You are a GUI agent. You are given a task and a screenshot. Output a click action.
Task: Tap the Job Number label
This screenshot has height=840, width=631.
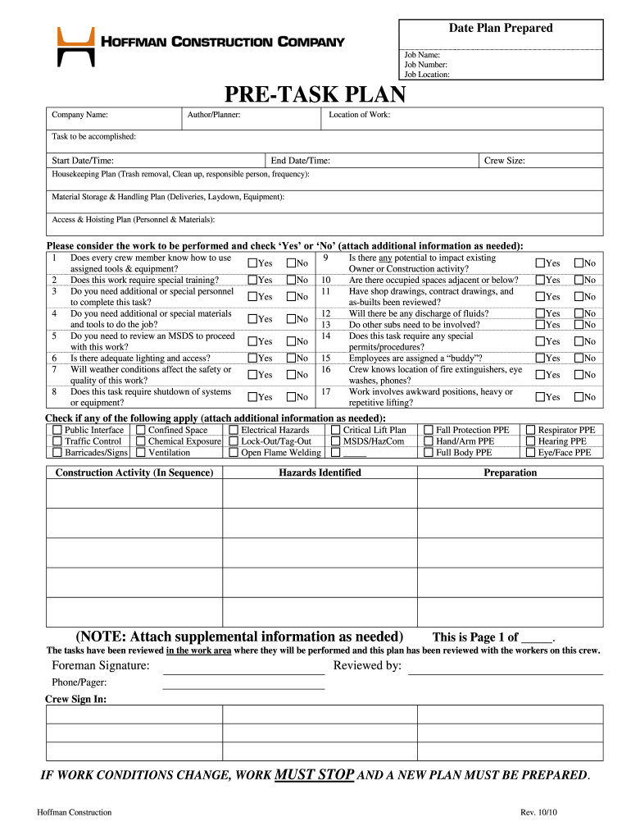coord(425,64)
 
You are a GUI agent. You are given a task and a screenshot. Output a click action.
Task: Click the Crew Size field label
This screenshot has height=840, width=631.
coord(505,161)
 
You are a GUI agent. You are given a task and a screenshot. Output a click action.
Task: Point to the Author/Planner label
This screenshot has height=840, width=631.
coord(213,115)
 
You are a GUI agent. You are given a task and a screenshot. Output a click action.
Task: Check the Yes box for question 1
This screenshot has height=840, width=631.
coord(252,263)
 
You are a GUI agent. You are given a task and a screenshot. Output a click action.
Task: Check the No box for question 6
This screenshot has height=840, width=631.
coord(291,358)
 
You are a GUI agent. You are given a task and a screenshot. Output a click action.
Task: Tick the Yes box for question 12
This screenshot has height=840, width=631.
coord(539,313)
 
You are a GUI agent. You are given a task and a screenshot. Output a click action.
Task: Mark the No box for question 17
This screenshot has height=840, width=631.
coord(579,397)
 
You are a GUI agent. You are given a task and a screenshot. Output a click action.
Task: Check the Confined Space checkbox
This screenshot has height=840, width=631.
coord(141,430)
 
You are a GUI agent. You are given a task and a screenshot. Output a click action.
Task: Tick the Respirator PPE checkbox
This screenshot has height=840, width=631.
coord(531,430)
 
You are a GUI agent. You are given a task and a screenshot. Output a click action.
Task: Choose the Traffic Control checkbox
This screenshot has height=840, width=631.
coord(57,441)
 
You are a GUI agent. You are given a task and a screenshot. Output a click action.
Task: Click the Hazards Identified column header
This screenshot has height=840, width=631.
coord(320,472)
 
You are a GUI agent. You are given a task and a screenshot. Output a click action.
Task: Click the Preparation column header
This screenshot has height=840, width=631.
coord(510,472)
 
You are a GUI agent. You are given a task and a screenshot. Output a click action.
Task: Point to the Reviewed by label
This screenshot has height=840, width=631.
coord(367,665)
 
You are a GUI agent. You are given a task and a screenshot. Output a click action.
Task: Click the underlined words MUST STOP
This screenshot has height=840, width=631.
coord(315,774)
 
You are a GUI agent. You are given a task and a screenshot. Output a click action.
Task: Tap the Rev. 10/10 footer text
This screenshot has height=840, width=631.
coord(538,812)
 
